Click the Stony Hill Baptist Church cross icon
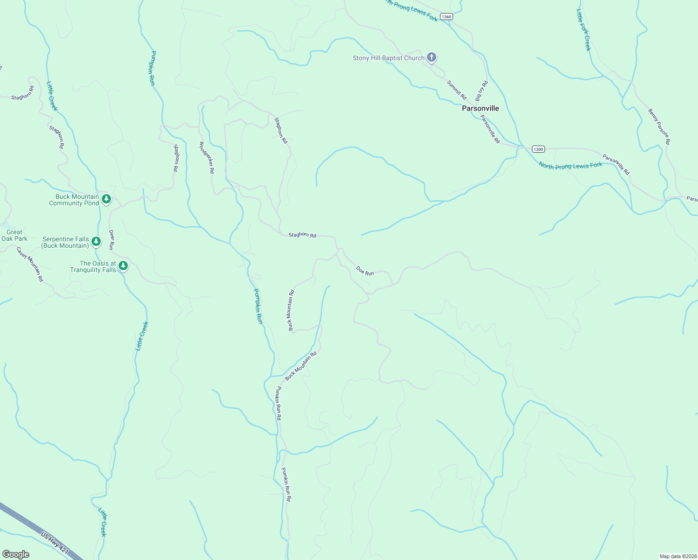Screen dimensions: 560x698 [432, 58]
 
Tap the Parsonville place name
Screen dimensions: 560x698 [480, 108]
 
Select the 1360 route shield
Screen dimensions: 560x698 [446, 17]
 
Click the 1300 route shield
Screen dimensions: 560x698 [538, 149]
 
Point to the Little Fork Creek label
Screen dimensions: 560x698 [584, 30]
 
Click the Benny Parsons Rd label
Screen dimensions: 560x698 [659, 126]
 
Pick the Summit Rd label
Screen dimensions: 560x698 [456, 90]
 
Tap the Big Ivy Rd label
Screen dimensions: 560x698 [481, 91]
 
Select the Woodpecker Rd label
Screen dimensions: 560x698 [207, 158]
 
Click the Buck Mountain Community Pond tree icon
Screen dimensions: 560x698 [106, 199]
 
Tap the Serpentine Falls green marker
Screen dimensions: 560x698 [96, 241]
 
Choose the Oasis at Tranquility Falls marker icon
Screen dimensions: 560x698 [123, 266]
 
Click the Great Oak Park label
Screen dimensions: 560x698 [14, 235]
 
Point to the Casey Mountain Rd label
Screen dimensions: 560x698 [30, 264]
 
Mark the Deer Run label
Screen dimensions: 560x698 [111, 239]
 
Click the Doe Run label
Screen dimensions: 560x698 [365, 271]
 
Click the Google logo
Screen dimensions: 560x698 [16, 554]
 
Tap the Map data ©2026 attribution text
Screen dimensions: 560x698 [678, 556]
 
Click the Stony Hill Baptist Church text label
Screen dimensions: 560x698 [388, 58]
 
